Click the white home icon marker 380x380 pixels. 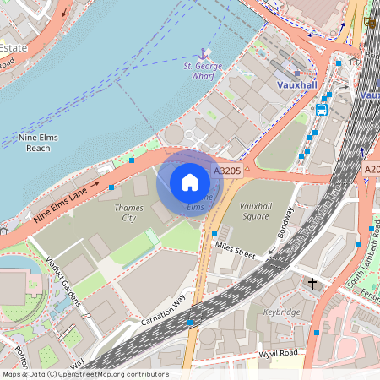coord(190,182)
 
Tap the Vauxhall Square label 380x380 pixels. coord(242,211)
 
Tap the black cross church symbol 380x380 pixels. coord(312,284)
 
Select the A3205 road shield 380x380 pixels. coord(227,171)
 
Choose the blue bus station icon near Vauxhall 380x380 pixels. coord(322,109)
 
